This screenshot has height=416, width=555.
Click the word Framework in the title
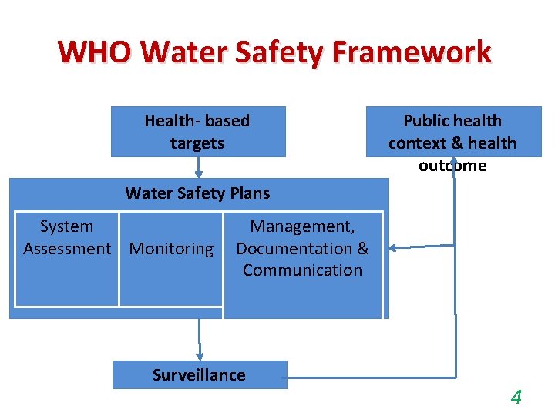click(x=412, y=52)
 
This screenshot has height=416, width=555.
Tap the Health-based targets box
click(x=197, y=132)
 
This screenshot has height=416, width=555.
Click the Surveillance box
click(x=199, y=375)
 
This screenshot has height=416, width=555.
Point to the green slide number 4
click(x=516, y=398)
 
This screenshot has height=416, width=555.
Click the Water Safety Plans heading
click(x=197, y=193)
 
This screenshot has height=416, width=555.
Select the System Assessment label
click(x=66, y=237)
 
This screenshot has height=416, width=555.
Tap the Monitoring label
click(x=171, y=249)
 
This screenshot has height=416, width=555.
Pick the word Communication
click(x=302, y=270)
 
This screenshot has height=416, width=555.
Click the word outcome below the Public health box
click(x=452, y=166)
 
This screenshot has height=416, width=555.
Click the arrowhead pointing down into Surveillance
click(x=200, y=354)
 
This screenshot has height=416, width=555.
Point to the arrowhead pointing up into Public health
click(x=454, y=162)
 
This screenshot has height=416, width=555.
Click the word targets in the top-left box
click(x=197, y=143)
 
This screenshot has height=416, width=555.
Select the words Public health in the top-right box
click(x=452, y=121)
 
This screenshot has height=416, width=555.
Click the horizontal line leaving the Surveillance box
click(x=370, y=377)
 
